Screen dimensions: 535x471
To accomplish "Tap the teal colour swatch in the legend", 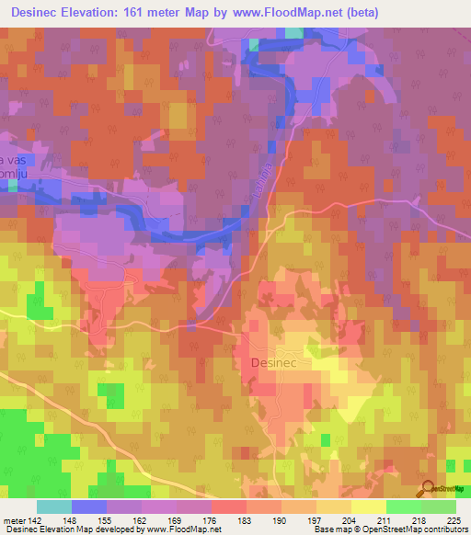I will point(53,506).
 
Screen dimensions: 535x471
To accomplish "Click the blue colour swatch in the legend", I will point(88,506).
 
